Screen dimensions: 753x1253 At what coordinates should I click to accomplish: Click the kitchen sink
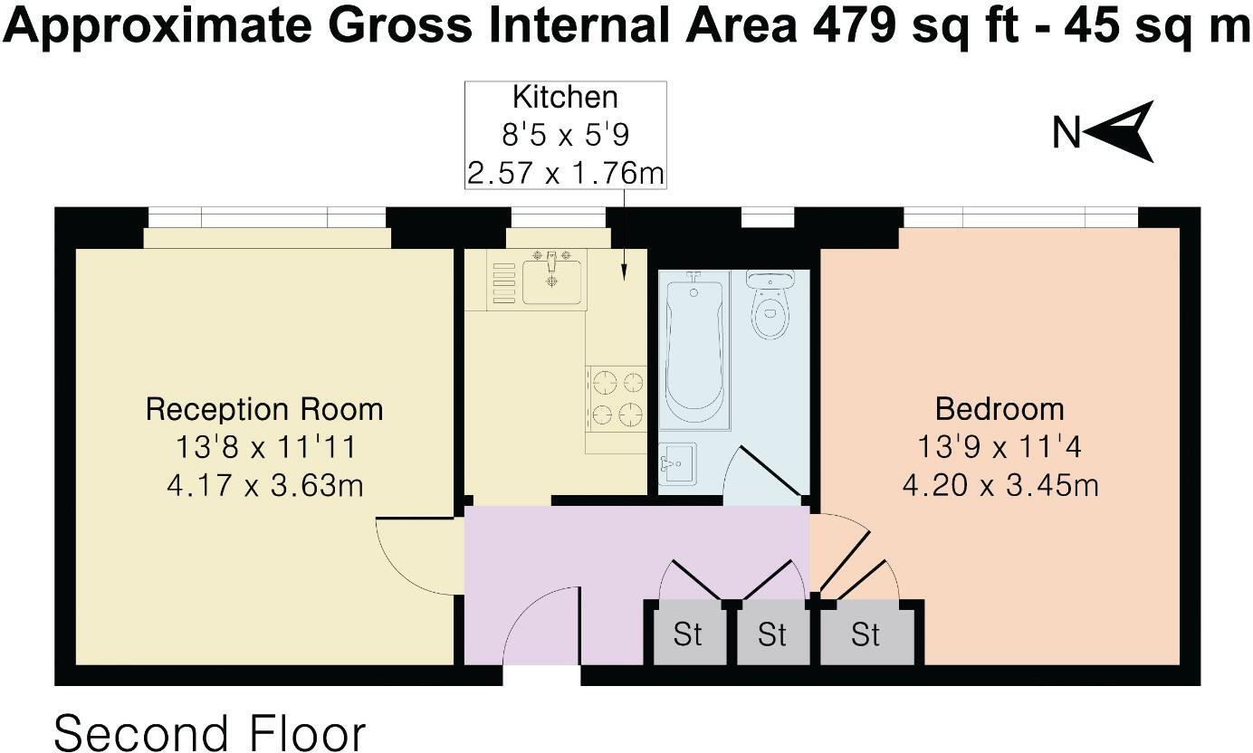click(x=553, y=279)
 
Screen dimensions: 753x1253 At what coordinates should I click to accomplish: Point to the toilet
click(x=770, y=304)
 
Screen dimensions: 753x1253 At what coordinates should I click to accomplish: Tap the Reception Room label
click(x=264, y=409)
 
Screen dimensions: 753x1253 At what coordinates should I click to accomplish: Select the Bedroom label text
click(x=1000, y=409)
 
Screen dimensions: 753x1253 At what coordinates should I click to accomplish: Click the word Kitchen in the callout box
click(x=565, y=97)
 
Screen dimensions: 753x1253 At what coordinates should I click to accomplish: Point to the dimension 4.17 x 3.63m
click(x=264, y=486)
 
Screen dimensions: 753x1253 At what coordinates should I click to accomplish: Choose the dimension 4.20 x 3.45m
click(x=1000, y=486)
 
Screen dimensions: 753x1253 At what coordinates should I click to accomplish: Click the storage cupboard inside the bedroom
click(x=866, y=634)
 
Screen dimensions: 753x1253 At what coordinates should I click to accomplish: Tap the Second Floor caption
click(x=210, y=732)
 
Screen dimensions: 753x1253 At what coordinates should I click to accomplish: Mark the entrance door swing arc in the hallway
click(x=534, y=624)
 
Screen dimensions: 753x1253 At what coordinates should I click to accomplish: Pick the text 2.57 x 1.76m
click(x=565, y=172)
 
